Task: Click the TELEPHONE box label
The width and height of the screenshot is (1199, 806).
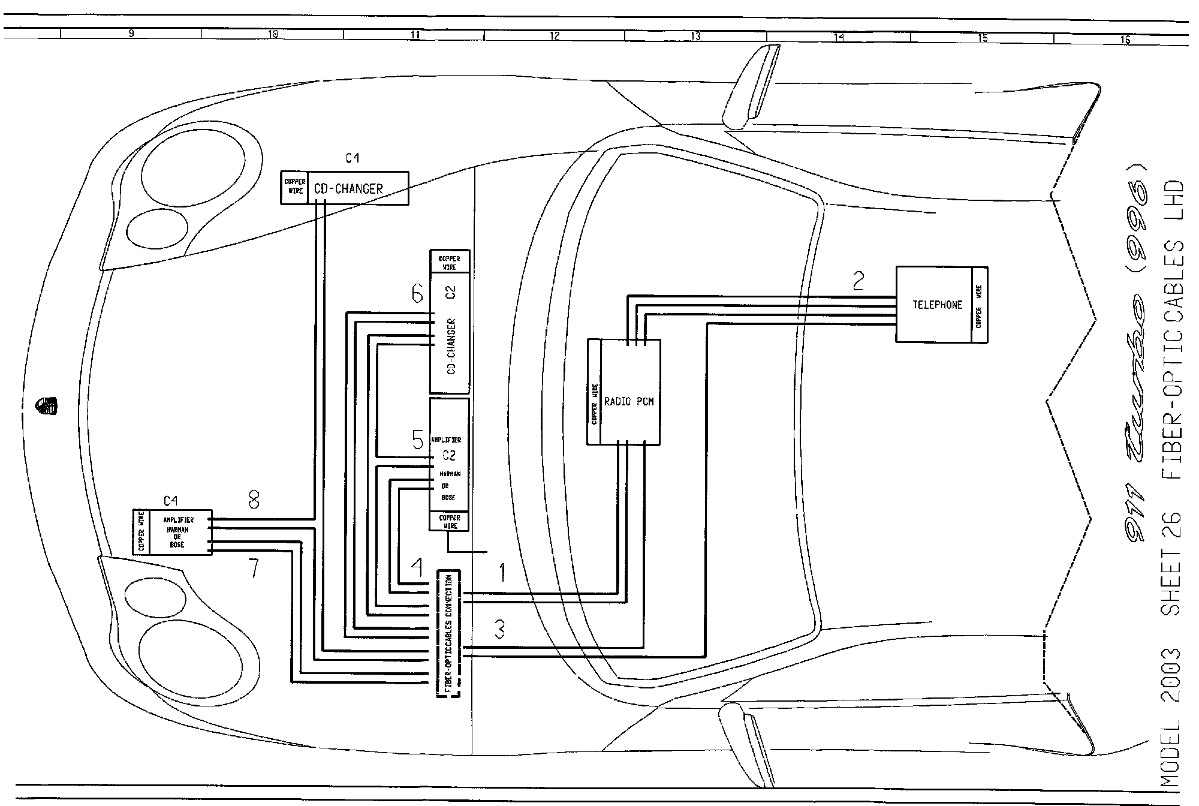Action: tap(937, 305)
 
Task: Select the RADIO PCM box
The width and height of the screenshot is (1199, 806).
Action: tap(629, 401)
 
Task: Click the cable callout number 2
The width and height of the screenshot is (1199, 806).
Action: tap(858, 281)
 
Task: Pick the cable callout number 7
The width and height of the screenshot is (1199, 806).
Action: tap(254, 569)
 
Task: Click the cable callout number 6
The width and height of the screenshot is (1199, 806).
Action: tap(417, 294)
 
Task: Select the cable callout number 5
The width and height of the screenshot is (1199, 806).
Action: tap(418, 440)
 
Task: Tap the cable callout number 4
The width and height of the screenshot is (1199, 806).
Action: tap(416, 568)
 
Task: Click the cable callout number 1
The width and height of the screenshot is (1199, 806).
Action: tap(502, 573)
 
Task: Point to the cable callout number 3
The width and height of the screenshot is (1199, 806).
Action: tap(499, 629)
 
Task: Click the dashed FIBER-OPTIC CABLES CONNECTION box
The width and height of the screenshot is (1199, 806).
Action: tap(448, 633)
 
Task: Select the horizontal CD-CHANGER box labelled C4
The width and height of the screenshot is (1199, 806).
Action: tap(358, 188)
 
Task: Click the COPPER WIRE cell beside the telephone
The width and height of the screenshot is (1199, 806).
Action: tap(980, 305)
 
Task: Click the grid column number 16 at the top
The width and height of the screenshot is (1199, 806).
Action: tap(1125, 40)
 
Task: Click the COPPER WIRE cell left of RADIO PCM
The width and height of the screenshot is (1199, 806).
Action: tap(594, 404)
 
